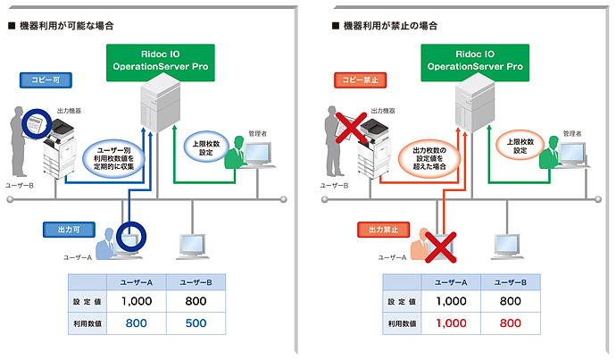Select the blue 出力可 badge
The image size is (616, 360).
[x=65, y=230]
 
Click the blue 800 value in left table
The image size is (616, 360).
[x=137, y=322]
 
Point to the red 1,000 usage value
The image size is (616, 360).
[x=452, y=322]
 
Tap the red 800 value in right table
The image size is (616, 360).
[x=510, y=322]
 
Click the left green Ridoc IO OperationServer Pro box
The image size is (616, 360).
[x=162, y=60]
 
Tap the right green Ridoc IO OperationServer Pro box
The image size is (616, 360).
[x=477, y=60]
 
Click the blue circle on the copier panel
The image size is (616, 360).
[x=38, y=123]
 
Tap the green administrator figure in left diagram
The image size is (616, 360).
[x=235, y=153]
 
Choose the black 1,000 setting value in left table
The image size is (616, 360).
[x=137, y=301]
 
